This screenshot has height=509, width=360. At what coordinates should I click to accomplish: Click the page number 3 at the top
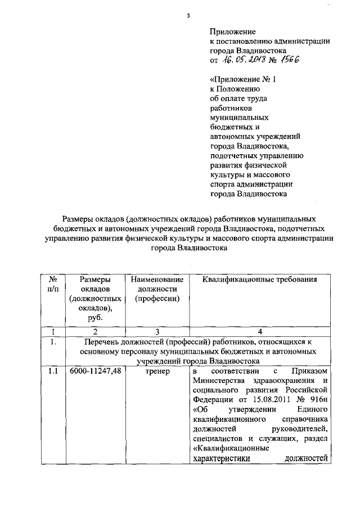click(x=188, y=15)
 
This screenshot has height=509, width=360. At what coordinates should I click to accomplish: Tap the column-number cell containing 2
click(x=95, y=331)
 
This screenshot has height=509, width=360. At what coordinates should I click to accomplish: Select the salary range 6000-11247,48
click(x=95, y=372)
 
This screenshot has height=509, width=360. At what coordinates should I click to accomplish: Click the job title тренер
click(x=157, y=372)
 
